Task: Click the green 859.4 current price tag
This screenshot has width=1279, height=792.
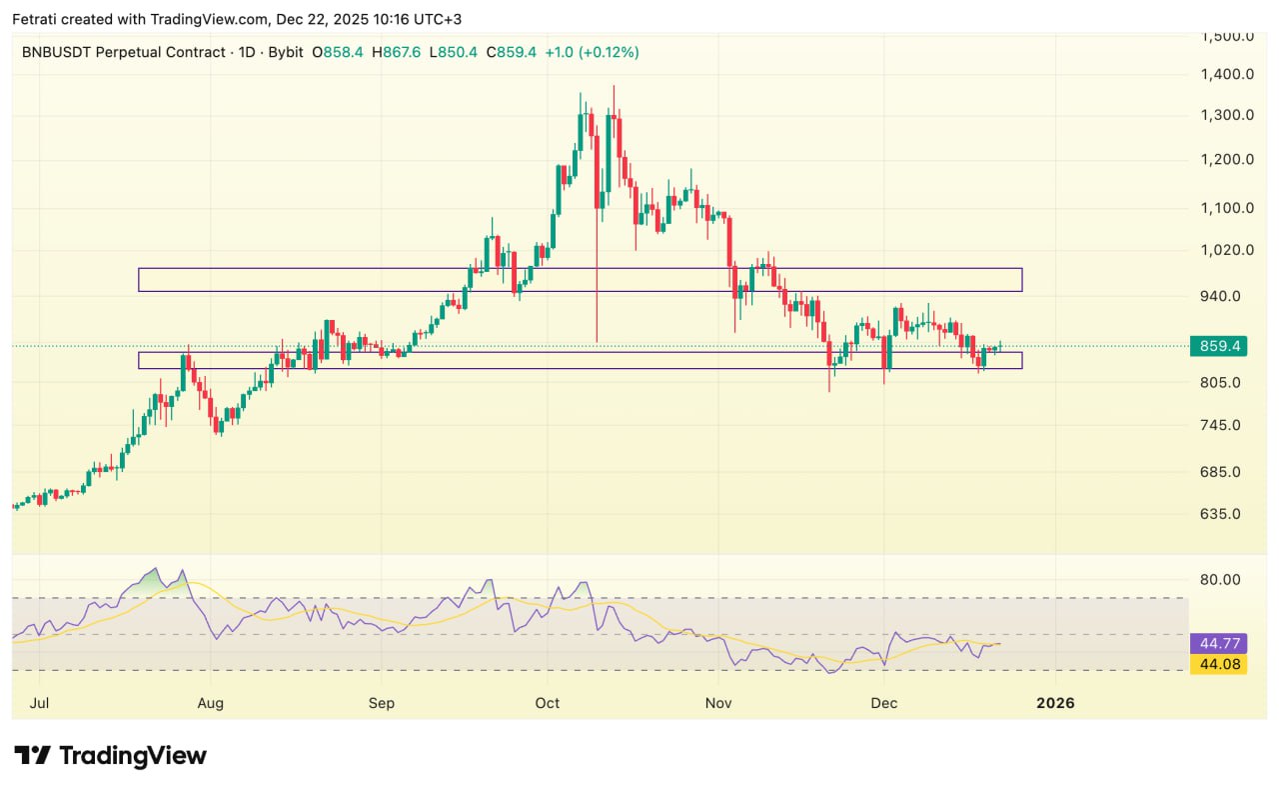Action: (x=1218, y=346)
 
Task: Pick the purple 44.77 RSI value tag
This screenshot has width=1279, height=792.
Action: (x=1218, y=645)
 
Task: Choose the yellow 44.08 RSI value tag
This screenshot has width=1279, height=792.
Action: (x=1218, y=663)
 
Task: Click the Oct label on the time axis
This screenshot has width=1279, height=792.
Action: (x=548, y=703)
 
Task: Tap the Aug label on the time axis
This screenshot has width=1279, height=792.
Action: (x=211, y=703)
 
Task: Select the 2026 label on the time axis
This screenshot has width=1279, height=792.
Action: (x=1055, y=703)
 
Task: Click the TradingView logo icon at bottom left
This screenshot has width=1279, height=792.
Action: (x=33, y=755)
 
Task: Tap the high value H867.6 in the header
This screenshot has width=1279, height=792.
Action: (x=397, y=52)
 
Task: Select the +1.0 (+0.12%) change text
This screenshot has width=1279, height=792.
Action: (x=592, y=52)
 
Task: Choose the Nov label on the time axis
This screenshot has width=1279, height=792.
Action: (x=718, y=703)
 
